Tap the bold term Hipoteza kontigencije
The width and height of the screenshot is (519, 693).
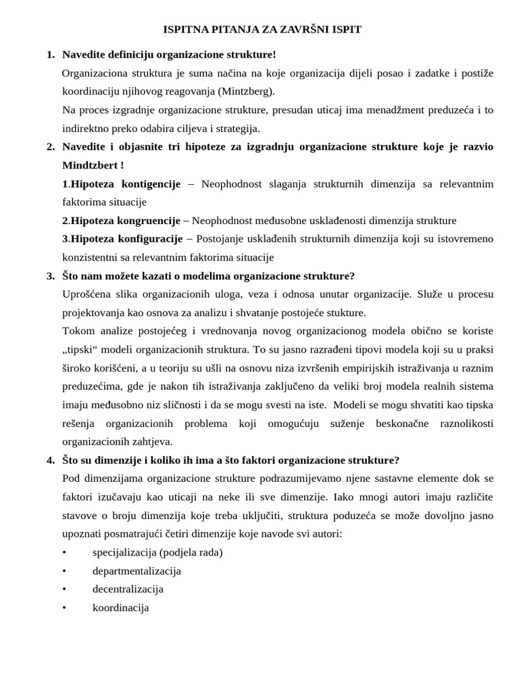coord(126,184)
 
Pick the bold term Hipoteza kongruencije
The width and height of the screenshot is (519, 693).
coord(126,221)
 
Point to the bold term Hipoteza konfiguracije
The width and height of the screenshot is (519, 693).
coord(126,239)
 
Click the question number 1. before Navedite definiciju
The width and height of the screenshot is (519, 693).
coord(51,55)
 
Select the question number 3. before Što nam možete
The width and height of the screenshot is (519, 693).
coord(51,276)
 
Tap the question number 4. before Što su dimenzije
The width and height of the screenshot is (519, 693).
coord(51,460)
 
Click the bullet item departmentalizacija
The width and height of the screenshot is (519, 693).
coord(137,571)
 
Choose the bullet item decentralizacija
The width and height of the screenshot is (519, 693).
coord(128,589)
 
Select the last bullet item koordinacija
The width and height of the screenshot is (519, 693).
coord(120,608)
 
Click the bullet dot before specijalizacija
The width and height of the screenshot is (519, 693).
coord(64,552)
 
